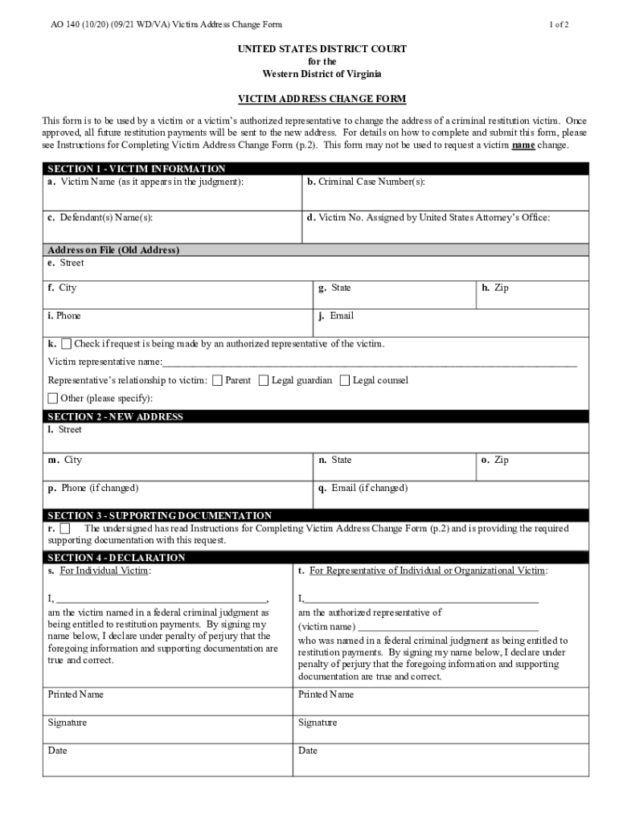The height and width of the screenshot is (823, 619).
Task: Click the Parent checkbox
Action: tap(217, 380)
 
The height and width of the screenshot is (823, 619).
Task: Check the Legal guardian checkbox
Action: tap(264, 380)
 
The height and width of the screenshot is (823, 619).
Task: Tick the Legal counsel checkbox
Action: tap(345, 380)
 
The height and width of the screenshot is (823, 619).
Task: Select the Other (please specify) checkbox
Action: tap(53, 398)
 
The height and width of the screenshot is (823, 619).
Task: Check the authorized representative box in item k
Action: tap(66, 344)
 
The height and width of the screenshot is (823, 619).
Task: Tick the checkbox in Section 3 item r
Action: tap(64, 529)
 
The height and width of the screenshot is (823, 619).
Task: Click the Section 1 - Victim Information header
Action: tap(137, 169)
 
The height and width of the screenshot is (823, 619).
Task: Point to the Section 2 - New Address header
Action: tap(116, 416)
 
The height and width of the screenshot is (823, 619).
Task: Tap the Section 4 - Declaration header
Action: tap(117, 557)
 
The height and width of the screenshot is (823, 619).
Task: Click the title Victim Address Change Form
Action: tap(322, 99)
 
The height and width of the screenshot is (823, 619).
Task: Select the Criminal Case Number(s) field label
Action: tap(366, 182)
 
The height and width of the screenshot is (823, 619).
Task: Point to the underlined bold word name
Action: tap(524, 145)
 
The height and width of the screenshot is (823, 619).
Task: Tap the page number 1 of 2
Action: tap(560, 25)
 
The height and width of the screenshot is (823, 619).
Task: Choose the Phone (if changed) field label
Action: tap(93, 488)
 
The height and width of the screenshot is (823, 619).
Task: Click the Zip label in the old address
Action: tap(495, 288)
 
